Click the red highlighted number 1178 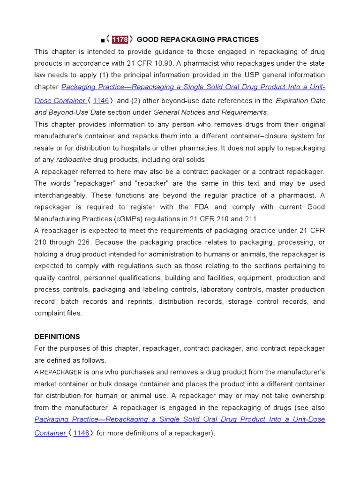pyautogui.click(x=120, y=39)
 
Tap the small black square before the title pyautogui.click(x=103, y=40)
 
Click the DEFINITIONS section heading pyautogui.click(x=57, y=337)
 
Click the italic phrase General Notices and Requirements pyautogui.click(x=210, y=112)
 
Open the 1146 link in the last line pyautogui.click(x=81, y=433)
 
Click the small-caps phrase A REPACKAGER pyautogui.click(x=58, y=372)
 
